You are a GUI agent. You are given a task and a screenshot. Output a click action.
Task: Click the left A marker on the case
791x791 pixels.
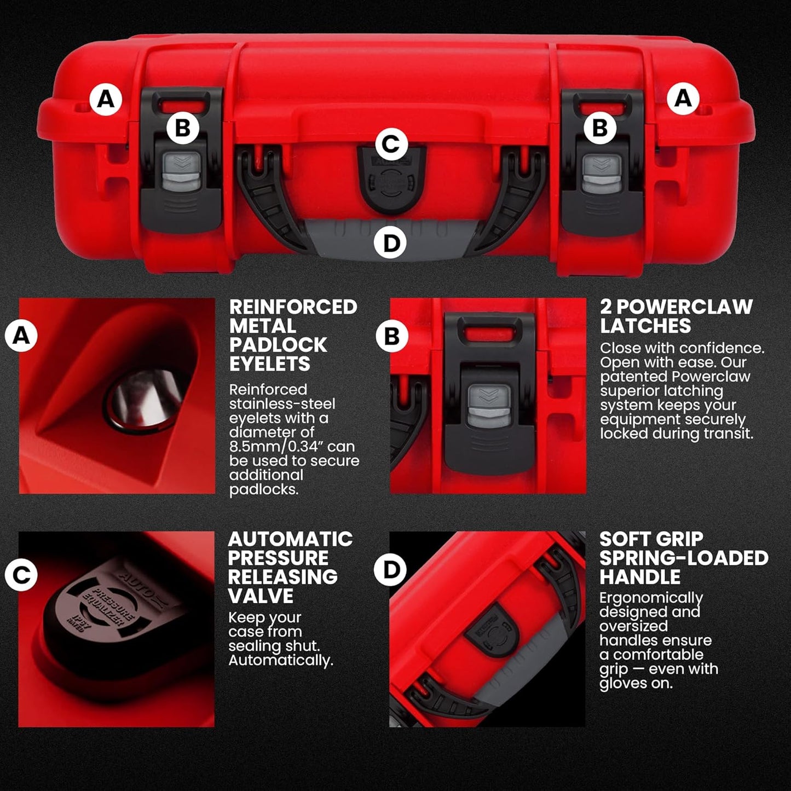point(106,99)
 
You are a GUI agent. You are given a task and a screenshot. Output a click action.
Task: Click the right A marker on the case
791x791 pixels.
point(683,99)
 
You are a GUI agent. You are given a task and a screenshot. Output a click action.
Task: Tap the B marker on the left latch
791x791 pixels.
point(182,128)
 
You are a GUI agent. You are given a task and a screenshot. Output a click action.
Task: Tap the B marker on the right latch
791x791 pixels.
point(600,128)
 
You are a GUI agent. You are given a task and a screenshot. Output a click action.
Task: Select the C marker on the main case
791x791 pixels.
point(391,145)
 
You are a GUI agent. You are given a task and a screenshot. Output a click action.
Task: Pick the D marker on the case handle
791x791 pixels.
point(391,243)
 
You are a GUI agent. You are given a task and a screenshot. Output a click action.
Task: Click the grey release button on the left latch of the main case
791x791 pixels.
point(182,172)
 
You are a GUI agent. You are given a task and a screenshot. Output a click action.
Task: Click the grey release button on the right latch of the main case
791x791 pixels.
point(602,173)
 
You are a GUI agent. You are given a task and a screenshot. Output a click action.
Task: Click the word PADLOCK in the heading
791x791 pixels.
point(278,345)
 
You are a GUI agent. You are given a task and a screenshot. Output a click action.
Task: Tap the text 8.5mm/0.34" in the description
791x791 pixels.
point(292,447)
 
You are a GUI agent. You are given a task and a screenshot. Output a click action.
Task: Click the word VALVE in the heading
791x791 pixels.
point(261,596)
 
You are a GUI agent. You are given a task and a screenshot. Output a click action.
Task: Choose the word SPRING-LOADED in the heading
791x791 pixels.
point(684,558)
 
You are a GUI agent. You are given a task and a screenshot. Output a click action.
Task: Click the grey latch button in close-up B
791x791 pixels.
point(489,406)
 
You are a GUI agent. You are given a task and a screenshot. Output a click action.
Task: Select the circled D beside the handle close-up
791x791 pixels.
point(390,569)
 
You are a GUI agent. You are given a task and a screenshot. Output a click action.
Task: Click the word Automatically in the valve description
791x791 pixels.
point(280,660)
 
